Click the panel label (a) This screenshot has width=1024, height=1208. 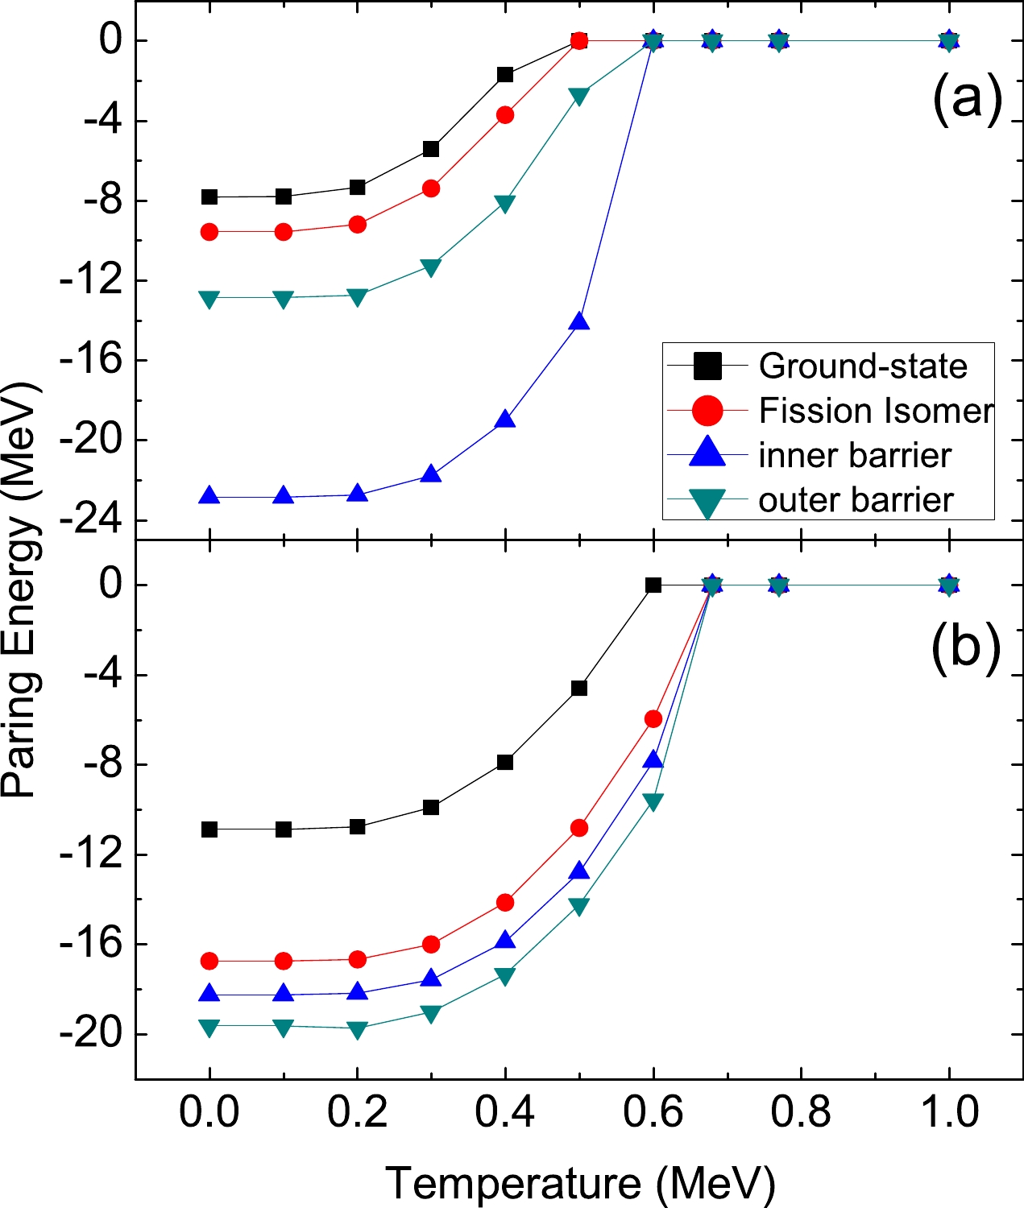pyautogui.click(x=967, y=99)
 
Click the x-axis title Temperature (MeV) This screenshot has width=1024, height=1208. pyautogui.click(x=580, y=1183)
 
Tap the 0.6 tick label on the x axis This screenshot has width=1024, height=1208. pyautogui.click(x=653, y=1112)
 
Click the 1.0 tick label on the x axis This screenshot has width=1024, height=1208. pyautogui.click(x=949, y=1112)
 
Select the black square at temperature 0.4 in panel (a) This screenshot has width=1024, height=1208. pyautogui.click(x=505, y=75)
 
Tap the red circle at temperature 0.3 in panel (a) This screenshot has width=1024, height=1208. pyautogui.click(x=431, y=188)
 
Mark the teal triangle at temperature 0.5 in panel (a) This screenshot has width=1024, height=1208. pyautogui.click(x=579, y=96)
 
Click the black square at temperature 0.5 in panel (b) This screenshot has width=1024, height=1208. pyautogui.click(x=579, y=689)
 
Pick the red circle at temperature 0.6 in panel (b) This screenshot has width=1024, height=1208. pyautogui.click(x=653, y=718)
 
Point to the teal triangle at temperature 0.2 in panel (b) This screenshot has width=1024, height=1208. pyautogui.click(x=358, y=1029)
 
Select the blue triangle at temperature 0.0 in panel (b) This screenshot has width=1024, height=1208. pyautogui.click(x=209, y=994)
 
